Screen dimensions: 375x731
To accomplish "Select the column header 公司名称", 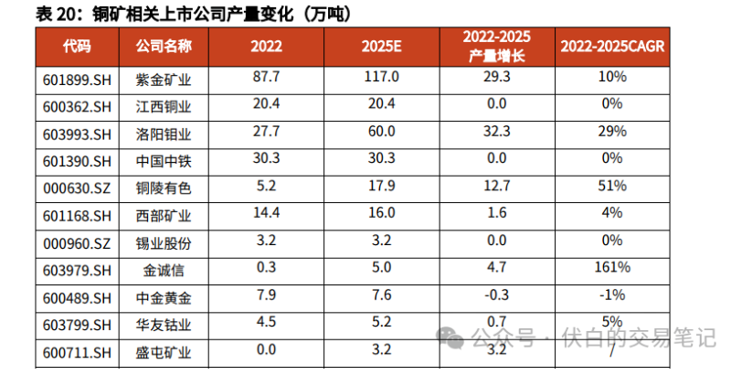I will (x=164, y=46).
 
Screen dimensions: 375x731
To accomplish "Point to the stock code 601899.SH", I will (x=77, y=80).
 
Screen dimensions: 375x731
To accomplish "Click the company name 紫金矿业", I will (x=164, y=80).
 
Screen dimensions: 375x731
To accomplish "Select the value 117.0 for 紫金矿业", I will (x=380, y=78).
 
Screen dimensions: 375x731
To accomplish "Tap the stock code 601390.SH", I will (x=77, y=162).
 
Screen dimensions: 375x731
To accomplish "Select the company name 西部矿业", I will (x=164, y=216).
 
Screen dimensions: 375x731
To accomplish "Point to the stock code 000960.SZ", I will (x=77, y=243).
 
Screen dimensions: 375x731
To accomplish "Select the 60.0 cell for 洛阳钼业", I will (x=380, y=133).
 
